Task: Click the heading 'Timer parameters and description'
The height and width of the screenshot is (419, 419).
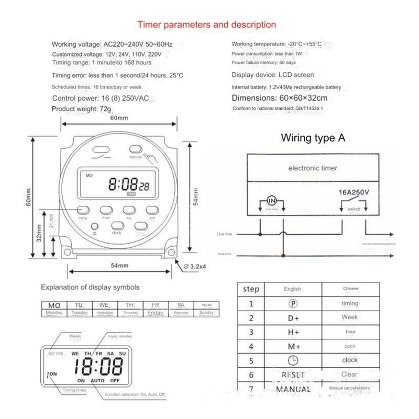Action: tap(206, 25)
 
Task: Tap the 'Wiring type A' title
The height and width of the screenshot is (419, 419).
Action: tap(313, 138)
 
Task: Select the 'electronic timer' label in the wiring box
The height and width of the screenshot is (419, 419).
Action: tap(313, 168)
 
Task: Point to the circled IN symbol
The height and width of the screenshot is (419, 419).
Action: tap(271, 201)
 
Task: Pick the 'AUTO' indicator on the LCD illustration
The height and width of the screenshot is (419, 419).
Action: tap(98, 380)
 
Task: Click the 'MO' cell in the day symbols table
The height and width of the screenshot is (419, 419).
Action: tap(54, 305)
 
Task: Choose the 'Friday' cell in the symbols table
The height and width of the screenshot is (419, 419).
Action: tap(155, 313)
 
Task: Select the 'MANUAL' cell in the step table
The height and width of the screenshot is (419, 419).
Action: tap(293, 389)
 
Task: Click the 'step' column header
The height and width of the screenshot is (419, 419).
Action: tap(251, 289)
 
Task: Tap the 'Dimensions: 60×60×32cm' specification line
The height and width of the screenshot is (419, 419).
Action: tap(280, 98)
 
